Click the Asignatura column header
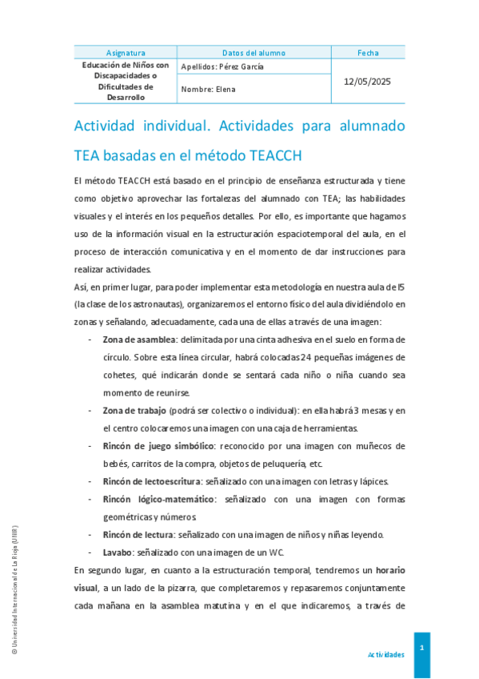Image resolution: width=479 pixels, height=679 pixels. coord(126,53)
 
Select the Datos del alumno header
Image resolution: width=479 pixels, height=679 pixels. coord(253,53)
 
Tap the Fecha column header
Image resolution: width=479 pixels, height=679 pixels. coord(368,53)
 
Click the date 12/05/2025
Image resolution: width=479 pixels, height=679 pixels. coord(368,82)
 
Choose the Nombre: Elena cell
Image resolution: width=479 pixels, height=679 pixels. coord(209,90)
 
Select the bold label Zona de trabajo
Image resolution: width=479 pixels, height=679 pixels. coord(134,411)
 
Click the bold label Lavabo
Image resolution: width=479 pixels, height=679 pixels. coord(118,552)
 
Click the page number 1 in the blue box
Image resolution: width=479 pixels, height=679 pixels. coord(421,645)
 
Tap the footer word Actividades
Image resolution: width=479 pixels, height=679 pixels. coord(385,655)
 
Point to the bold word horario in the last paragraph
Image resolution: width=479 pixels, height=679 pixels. coord(390,570)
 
